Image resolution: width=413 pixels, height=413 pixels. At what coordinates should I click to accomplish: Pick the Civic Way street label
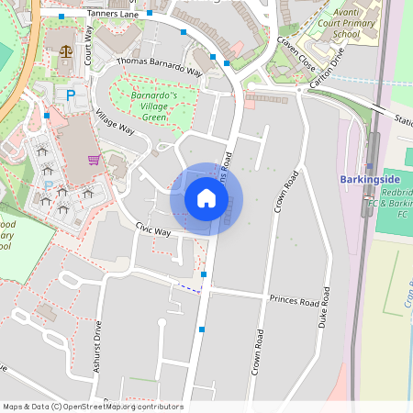click(153, 229)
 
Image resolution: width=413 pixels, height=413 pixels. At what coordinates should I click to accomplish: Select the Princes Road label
click(294, 301)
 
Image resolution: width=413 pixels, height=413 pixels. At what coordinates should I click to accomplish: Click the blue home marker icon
click(206, 198)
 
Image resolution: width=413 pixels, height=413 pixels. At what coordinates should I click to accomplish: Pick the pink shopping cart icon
click(93, 160)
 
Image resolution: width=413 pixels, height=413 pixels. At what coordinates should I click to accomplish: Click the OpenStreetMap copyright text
click(93, 407)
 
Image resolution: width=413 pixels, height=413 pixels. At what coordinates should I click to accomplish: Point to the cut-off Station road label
click(403, 119)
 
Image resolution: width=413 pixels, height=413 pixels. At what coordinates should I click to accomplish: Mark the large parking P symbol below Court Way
click(69, 94)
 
